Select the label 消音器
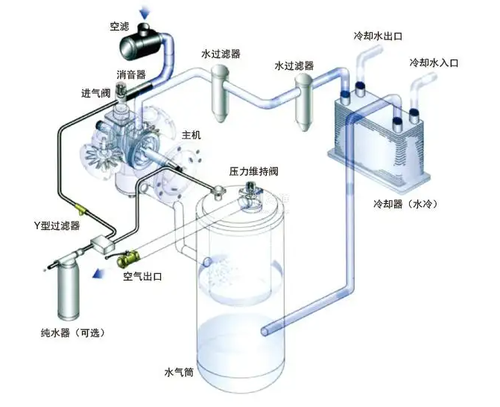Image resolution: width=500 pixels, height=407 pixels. tap(130, 75)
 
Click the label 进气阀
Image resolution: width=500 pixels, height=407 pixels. tap(96, 94)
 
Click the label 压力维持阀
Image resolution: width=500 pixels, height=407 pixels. tap(254, 171)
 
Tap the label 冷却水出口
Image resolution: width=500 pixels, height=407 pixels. tap(378, 36)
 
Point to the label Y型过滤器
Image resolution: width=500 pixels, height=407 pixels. tap(57, 225)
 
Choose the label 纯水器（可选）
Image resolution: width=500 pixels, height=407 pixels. tap(73, 332)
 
